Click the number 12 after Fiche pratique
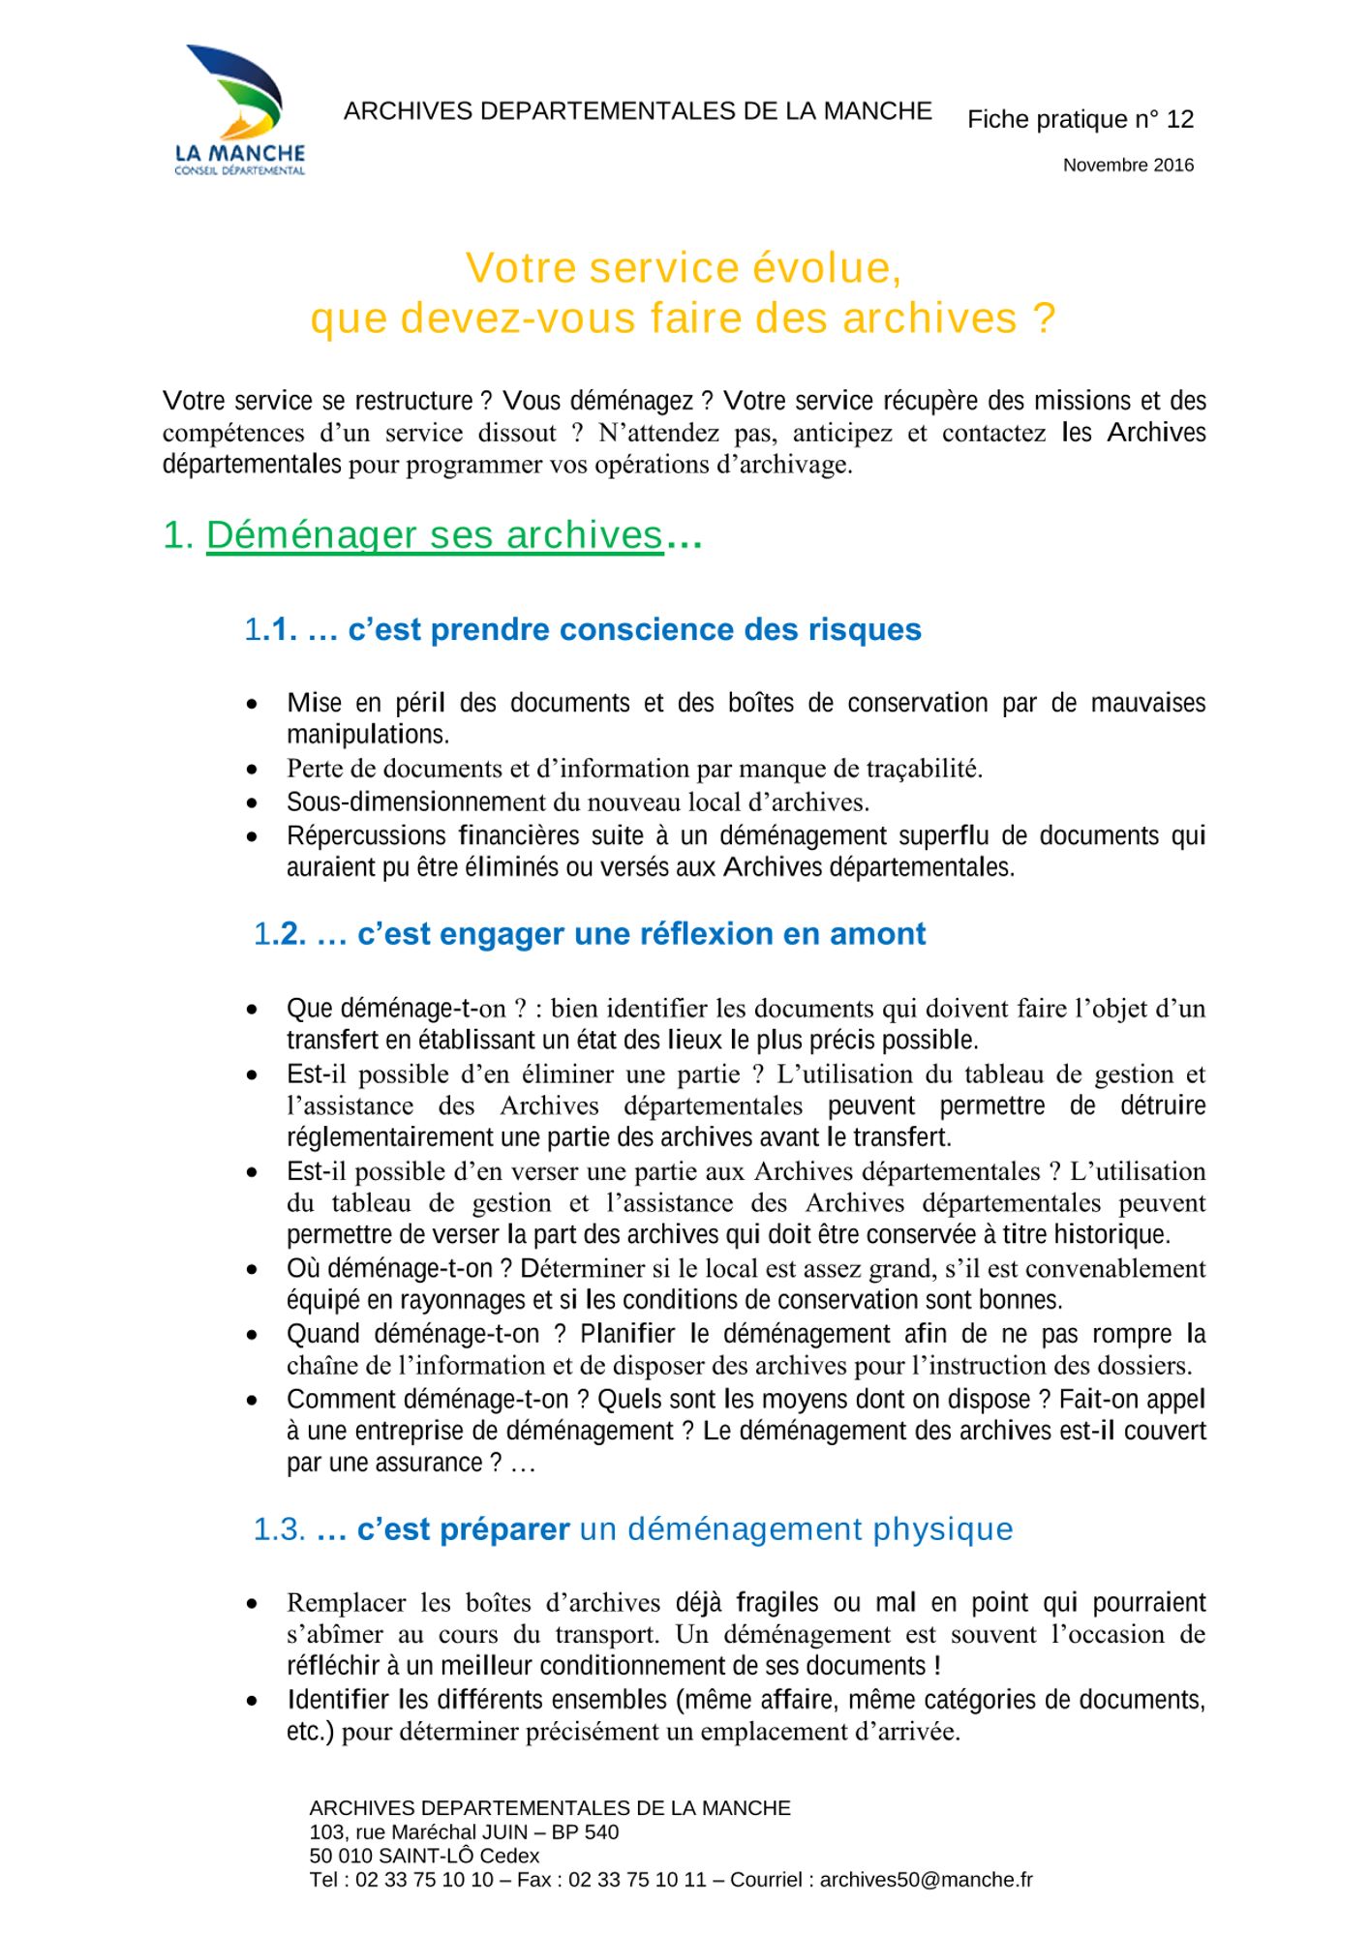[x=1179, y=119]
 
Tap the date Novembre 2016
[x=1128, y=166]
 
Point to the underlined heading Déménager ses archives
[x=434, y=535]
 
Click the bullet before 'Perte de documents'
[x=252, y=771]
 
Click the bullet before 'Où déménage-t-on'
[x=252, y=1269]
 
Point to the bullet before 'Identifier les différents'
[x=252, y=1701]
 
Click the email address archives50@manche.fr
[x=926, y=1880]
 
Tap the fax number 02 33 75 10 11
[x=637, y=1880]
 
